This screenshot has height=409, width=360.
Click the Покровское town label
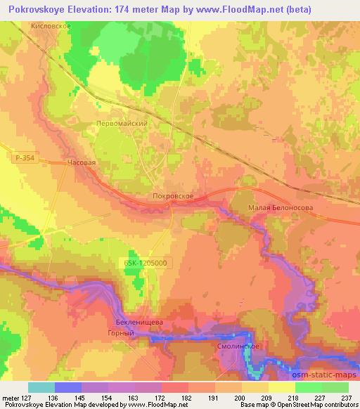173,198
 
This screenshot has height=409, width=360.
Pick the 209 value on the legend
266,397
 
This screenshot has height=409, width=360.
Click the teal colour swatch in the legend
41,387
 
